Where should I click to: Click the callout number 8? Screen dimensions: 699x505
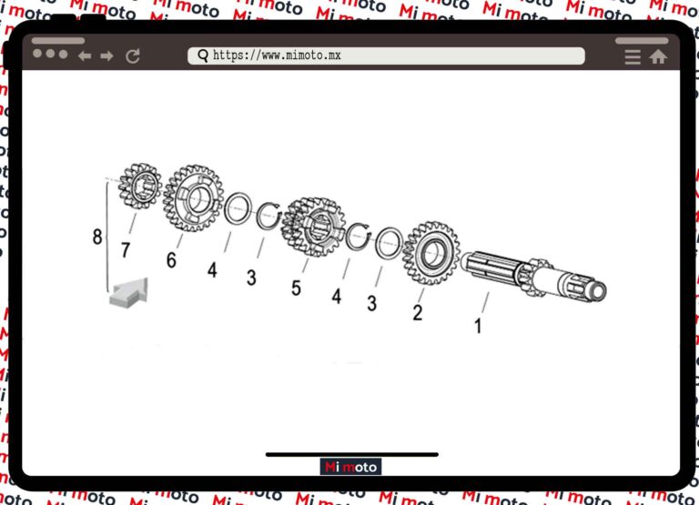click(97, 237)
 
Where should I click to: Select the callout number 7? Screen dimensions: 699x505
click(126, 250)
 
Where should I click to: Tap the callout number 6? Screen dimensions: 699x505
click(171, 260)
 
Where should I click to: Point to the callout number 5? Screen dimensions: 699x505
click(296, 288)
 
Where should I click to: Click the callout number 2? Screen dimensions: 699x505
click(418, 312)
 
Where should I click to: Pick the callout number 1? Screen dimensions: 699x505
click(479, 327)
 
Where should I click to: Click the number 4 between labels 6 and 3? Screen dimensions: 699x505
click(212, 270)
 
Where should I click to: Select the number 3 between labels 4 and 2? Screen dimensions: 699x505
click(371, 304)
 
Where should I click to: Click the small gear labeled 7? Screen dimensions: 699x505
click(140, 186)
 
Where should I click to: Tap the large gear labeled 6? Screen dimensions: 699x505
click(194, 198)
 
